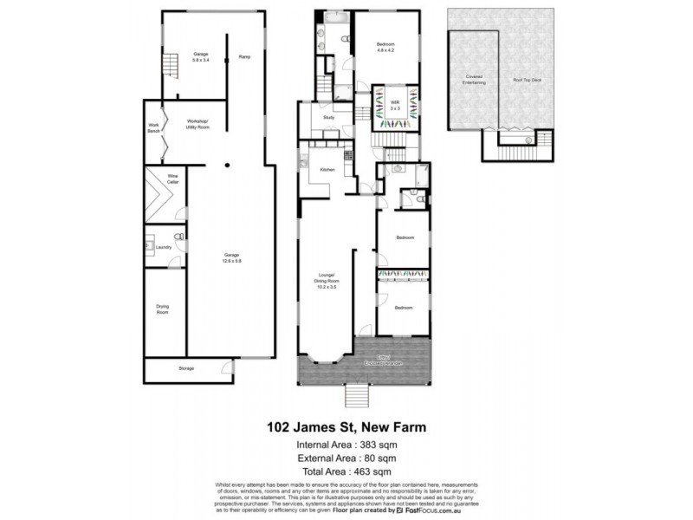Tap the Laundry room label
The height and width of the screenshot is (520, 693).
[x=165, y=247]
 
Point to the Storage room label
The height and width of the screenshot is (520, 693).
[x=186, y=368]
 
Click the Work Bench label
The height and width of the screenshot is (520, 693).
[x=153, y=127]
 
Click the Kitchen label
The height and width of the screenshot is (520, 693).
[x=327, y=169]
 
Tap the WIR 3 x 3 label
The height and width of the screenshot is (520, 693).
[x=394, y=105]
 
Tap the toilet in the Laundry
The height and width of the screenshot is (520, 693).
[x=179, y=237]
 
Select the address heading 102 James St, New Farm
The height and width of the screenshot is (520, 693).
[x=345, y=427]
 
